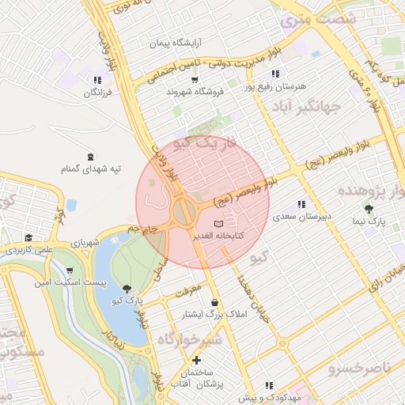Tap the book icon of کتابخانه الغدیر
[219, 225]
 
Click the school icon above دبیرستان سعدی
[301, 204]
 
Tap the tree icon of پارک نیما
[369, 210]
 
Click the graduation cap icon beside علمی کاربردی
[28, 238]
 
